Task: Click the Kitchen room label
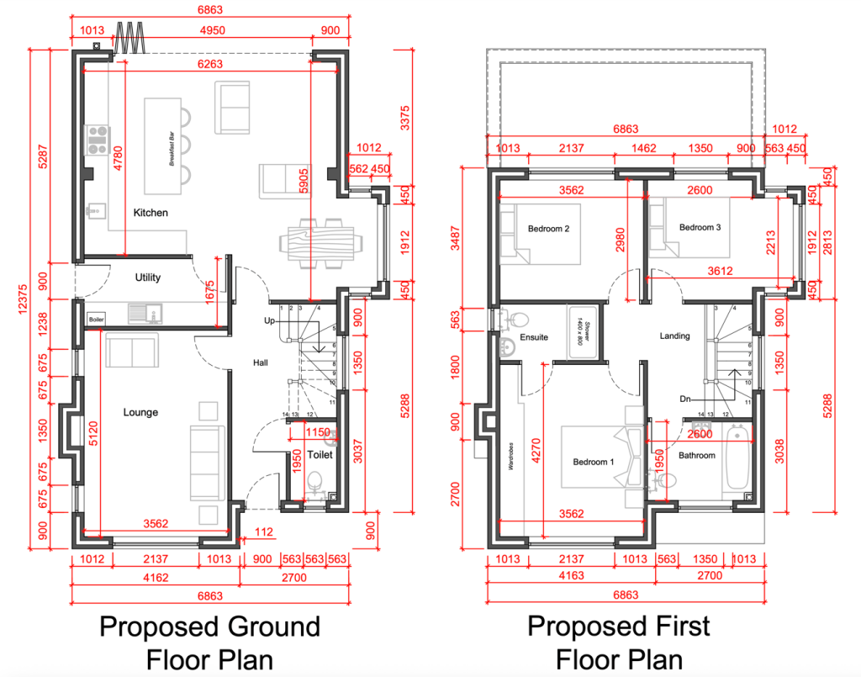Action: tap(151, 213)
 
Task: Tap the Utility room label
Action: tap(148, 278)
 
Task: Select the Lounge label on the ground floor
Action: tap(140, 412)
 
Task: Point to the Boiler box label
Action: tap(96, 319)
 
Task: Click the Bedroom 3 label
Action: tap(700, 227)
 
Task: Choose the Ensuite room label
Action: tap(534, 337)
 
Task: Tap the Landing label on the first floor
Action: tap(674, 336)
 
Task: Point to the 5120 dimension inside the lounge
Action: tap(94, 437)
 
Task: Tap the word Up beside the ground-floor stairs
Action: tap(271, 321)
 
